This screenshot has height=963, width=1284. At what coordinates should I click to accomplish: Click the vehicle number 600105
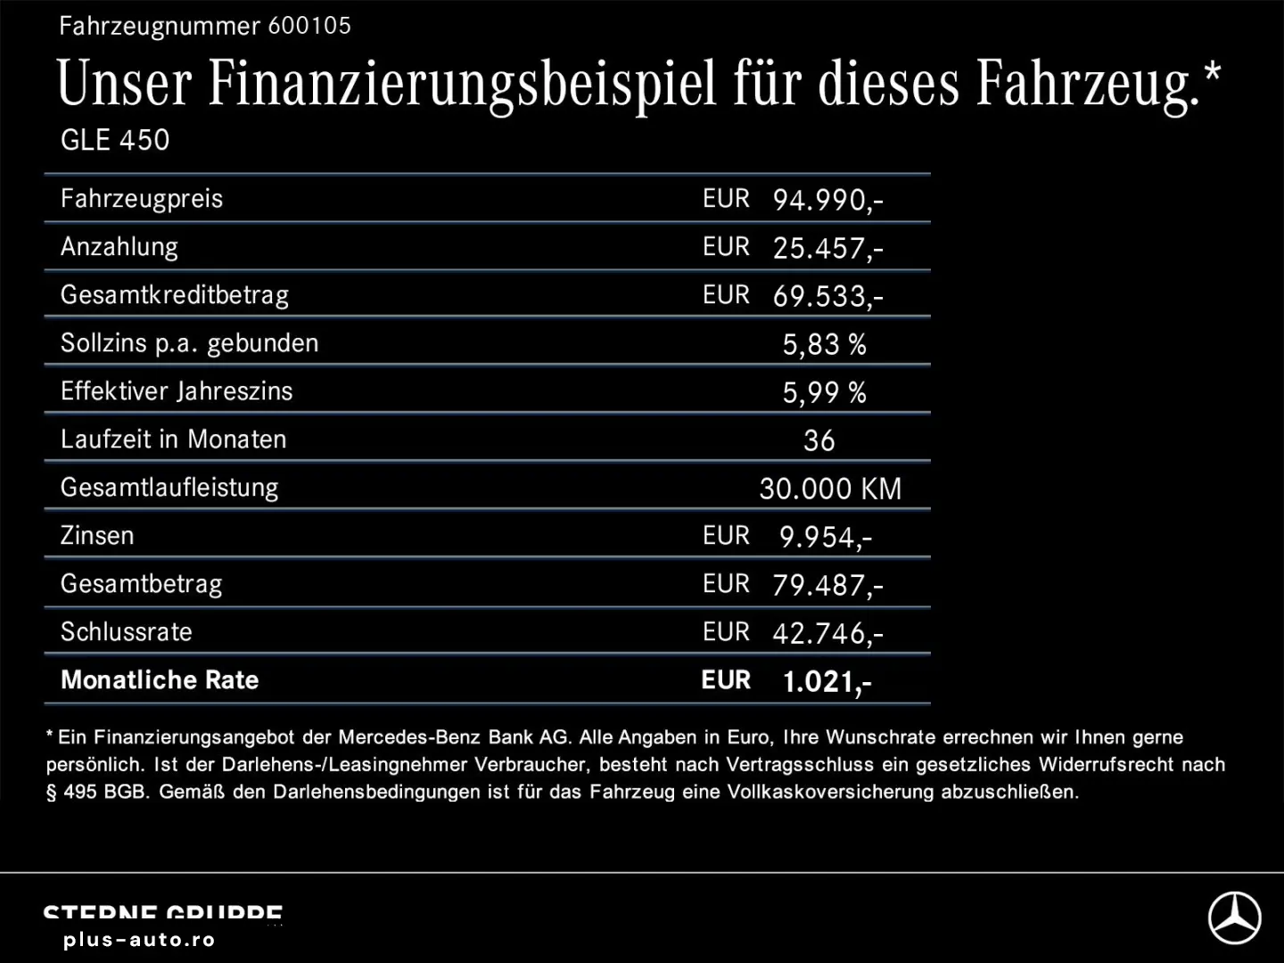point(309,26)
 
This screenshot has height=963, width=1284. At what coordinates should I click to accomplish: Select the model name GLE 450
point(115,140)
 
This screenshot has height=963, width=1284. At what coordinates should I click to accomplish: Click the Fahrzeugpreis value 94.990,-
point(827,200)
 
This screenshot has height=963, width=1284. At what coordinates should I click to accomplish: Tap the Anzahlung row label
point(119,247)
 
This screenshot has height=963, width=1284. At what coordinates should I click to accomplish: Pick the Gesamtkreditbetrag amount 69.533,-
point(827,296)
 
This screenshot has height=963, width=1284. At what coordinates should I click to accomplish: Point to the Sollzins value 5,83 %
point(824,344)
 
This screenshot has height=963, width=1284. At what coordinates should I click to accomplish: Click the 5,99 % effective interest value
point(824,392)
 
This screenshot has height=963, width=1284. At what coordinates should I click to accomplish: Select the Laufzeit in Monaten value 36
point(819,440)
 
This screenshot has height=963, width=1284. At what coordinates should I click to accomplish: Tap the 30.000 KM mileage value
point(830,489)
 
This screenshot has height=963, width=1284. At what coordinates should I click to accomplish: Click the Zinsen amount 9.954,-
point(825,537)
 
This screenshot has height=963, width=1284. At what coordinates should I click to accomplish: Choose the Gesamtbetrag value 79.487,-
point(827,585)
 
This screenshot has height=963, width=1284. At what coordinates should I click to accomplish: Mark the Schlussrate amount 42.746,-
point(827,633)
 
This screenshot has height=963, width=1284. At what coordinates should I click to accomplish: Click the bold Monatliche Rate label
point(160,680)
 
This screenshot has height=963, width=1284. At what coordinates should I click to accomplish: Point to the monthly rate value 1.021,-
point(827,682)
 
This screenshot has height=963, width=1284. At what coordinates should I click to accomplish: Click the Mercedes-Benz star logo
point(1234,918)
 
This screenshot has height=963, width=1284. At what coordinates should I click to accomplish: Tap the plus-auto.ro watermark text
point(139,940)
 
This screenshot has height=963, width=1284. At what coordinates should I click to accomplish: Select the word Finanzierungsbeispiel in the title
point(462,84)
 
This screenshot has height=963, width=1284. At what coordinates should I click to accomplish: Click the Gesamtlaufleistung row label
point(169,488)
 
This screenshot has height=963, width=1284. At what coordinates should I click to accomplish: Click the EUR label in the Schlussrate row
point(726,632)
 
